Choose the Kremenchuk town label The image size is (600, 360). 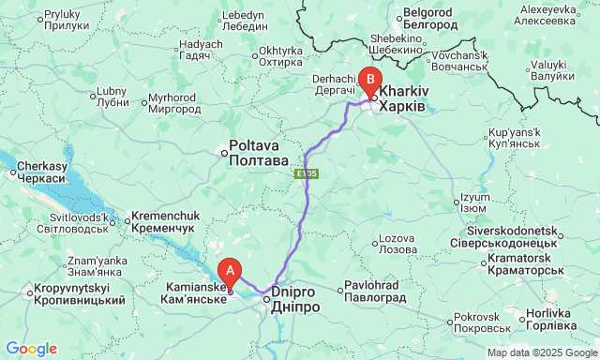tap(161, 221)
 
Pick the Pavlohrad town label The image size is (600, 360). tap(372, 290)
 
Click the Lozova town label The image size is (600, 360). tap(396, 244)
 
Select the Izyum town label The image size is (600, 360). tap(474, 202)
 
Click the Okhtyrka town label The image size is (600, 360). tap(280, 55)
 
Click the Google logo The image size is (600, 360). tap(30, 349)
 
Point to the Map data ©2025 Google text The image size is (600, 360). tap(540, 352)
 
